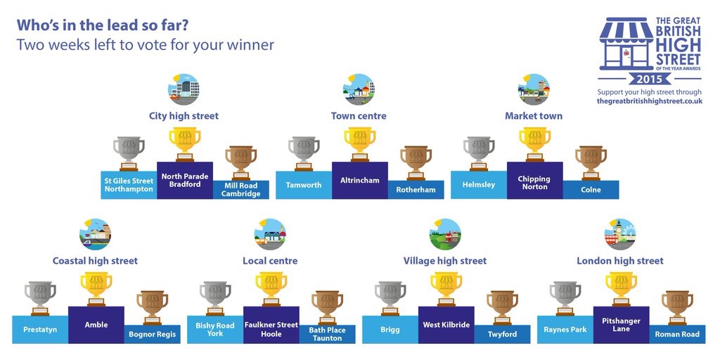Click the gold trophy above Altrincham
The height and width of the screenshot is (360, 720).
pyautogui.click(x=360, y=144)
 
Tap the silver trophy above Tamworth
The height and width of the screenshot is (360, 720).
pyautogui.click(x=304, y=153)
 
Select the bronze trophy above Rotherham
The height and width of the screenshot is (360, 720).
pyautogui.click(x=416, y=162)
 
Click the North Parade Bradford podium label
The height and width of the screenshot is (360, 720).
pyautogui.click(x=185, y=180)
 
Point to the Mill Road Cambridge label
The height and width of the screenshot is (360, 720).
pyautogui.click(x=241, y=190)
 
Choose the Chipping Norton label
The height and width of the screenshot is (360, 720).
pyautogui.click(x=534, y=183)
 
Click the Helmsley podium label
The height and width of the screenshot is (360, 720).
pyautogui.click(x=479, y=185)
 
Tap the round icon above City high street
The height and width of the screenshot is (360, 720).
pyautogui.click(x=184, y=89)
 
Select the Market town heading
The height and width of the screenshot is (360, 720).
pyautogui.click(x=534, y=116)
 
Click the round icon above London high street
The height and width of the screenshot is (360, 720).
pyautogui.click(x=620, y=234)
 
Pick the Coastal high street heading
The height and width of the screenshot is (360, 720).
pyautogui.click(x=95, y=261)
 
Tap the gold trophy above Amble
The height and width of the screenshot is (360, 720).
pyautogui.click(x=96, y=289)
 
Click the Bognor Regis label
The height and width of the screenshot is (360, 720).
pyautogui.click(x=153, y=334)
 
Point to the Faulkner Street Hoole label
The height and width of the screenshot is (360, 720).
pyautogui.click(x=271, y=329)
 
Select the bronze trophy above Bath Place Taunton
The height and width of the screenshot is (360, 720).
pyautogui.click(x=328, y=307)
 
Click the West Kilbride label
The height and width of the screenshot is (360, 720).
pyautogui.click(x=446, y=325)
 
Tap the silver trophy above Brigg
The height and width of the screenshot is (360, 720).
pyautogui.click(x=390, y=298)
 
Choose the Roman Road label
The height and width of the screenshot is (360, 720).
pyautogui.click(x=677, y=334)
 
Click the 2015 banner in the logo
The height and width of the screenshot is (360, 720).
pyautogui.click(x=650, y=79)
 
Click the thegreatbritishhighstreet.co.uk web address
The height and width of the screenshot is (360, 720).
pyautogui.click(x=650, y=101)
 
